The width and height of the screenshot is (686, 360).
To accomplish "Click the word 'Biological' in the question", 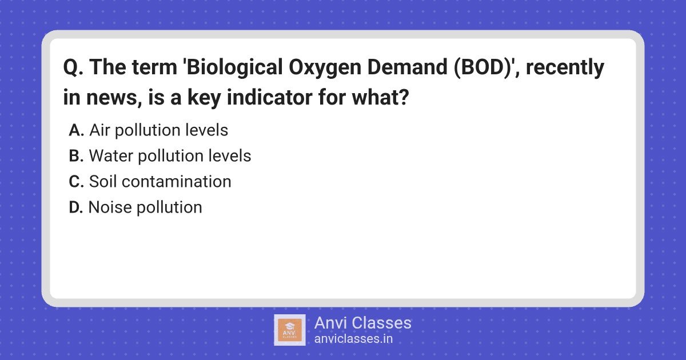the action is (x=234, y=68).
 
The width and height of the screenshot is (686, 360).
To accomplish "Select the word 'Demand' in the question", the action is (x=407, y=67).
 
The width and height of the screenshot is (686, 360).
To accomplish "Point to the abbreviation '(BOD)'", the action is (x=484, y=67).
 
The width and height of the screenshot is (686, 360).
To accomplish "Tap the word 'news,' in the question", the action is (x=114, y=98).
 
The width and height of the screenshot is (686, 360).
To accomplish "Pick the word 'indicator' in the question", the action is (x=269, y=97).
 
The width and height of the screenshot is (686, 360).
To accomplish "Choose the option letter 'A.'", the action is (x=76, y=130).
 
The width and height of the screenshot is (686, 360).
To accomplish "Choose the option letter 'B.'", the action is (x=76, y=156).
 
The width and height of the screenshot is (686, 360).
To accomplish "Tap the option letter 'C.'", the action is (x=76, y=182).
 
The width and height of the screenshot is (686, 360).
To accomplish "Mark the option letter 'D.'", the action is (x=76, y=207).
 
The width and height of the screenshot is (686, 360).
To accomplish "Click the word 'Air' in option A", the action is (x=99, y=130).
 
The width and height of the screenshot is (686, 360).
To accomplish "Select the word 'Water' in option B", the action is (x=111, y=156).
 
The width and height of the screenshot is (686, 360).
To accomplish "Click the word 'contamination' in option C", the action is (x=177, y=182).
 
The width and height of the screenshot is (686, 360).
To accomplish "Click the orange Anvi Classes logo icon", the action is (x=289, y=330).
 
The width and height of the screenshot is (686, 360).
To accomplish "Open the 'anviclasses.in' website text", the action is (x=353, y=339).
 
